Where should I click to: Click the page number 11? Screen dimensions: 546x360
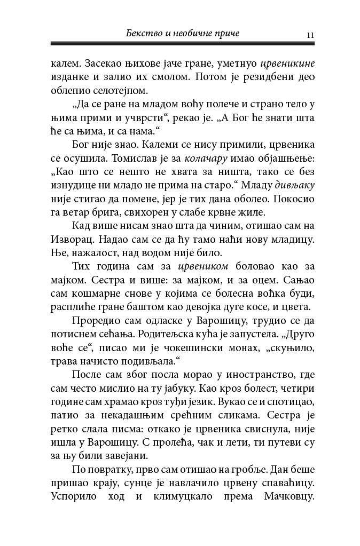tap(310, 35)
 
